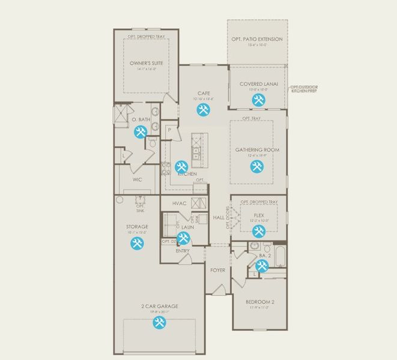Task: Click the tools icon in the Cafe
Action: tap(203, 109)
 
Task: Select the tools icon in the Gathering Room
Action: tap(258, 166)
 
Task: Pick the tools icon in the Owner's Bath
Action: tap(141, 133)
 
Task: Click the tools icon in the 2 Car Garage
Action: tap(159, 323)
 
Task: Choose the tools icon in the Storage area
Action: tap(137, 243)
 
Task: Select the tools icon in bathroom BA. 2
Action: tap(262, 266)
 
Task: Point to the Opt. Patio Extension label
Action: tap(256, 40)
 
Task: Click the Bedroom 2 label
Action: tap(259, 301)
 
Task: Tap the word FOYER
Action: tap(217, 271)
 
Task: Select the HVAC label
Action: tap(180, 203)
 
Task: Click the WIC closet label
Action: tap(137, 179)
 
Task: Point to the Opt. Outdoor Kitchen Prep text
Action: tap(305, 89)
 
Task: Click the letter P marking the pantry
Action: tap(170, 130)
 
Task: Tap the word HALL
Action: tap(218, 218)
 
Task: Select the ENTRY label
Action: tap(183, 251)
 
